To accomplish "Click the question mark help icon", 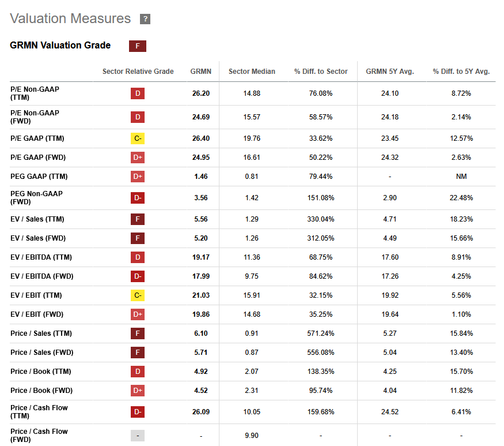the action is click(145, 19).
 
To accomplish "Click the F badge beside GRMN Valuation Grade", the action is click(138, 46).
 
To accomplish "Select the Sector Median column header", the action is click(252, 72).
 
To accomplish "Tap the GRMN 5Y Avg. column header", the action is click(390, 72).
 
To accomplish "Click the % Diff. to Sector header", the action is click(321, 72).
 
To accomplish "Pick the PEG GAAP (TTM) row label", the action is click(39, 177).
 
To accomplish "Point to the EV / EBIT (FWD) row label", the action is click(37, 314).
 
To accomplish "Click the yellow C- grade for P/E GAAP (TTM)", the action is click(138, 138).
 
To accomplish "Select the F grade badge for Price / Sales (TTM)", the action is click(138, 333).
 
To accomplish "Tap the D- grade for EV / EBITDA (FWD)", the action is click(138, 276).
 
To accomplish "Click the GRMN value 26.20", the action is click(201, 93).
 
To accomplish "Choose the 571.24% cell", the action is click(321, 333).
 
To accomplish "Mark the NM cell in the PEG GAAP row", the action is click(461, 177).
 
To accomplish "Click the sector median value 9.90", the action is click(252, 436).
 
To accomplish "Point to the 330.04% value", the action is click(321, 219).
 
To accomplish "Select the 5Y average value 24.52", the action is click(390, 412).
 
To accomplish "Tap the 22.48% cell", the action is click(461, 198).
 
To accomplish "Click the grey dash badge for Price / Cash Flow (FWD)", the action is click(138, 436).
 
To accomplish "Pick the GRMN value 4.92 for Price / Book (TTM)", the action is click(201, 372).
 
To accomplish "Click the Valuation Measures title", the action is click(70, 18).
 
